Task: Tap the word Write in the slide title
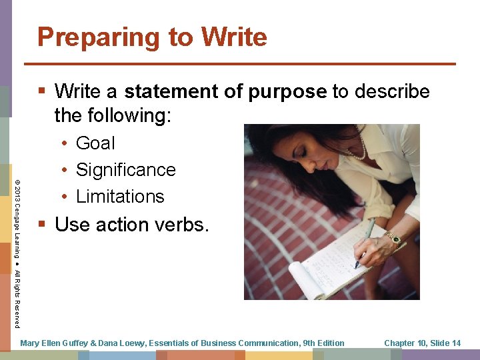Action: click(x=233, y=37)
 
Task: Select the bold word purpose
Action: click(x=288, y=91)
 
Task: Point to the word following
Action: click(x=128, y=116)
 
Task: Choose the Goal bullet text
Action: click(x=95, y=143)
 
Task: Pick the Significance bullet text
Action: click(x=125, y=170)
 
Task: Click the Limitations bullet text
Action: click(x=120, y=197)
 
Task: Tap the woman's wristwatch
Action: click(x=395, y=238)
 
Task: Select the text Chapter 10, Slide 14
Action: click(x=422, y=343)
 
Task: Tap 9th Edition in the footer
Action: click(x=323, y=343)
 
